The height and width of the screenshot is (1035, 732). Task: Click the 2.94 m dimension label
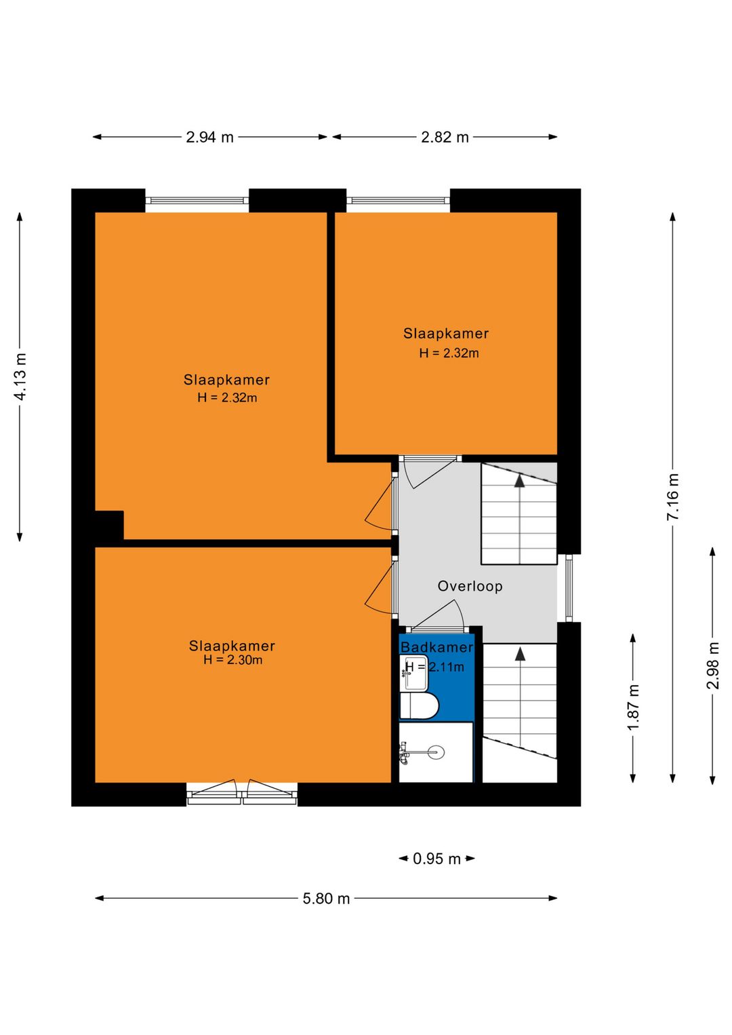pyautogui.click(x=209, y=137)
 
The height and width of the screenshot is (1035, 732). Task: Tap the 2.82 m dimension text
pyautogui.click(x=445, y=137)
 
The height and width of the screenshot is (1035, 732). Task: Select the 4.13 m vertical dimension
pyautogui.click(x=20, y=376)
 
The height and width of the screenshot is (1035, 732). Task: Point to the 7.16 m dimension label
pyautogui.click(x=672, y=496)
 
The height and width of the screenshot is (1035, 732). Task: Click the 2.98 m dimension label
pyautogui.click(x=712, y=665)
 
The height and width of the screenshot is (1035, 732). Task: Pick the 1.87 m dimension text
pyautogui.click(x=633, y=707)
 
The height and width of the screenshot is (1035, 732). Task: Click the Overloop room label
pyautogui.click(x=470, y=586)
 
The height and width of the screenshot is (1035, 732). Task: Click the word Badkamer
pyautogui.click(x=436, y=647)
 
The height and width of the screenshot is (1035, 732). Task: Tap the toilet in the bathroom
pyautogui.click(x=418, y=706)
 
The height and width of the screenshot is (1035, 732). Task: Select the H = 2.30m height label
pyautogui.click(x=232, y=660)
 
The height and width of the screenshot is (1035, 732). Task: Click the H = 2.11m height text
pyautogui.click(x=434, y=667)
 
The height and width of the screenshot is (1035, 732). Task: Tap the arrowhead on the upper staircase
pyautogui.click(x=520, y=480)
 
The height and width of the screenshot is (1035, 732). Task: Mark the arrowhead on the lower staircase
pyautogui.click(x=521, y=653)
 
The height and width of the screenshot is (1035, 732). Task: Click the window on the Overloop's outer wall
pyautogui.click(x=569, y=588)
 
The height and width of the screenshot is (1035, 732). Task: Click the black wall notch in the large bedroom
pyautogui.click(x=109, y=525)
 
